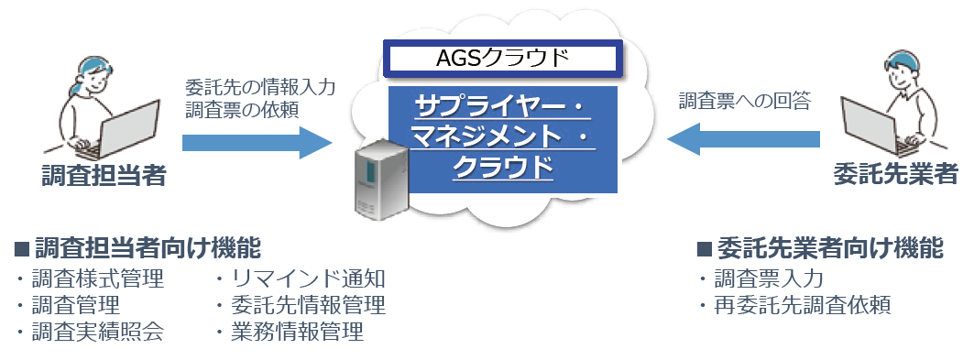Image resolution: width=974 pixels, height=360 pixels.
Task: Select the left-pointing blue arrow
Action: click(x=743, y=139)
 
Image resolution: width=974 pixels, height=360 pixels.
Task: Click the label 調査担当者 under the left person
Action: click(x=104, y=175)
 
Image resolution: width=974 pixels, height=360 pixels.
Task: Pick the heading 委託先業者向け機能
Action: click(x=828, y=248)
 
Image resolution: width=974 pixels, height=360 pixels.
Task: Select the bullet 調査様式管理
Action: click(x=97, y=278)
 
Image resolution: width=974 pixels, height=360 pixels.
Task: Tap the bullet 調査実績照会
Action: click(x=97, y=332)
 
